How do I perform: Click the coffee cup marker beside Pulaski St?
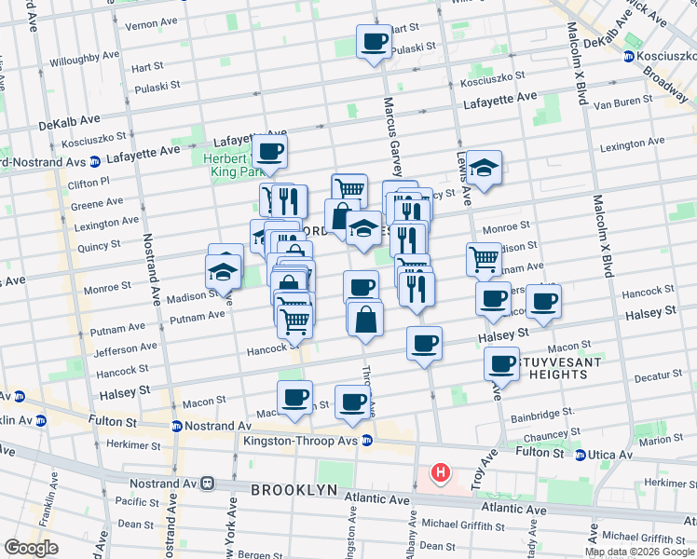(x=374, y=42)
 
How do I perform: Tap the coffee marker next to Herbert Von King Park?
(x=269, y=151)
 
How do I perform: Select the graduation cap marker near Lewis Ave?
(x=484, y=169)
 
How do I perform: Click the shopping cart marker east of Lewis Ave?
(x=484, y=259)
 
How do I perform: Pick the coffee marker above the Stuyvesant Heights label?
(x=502, y=363)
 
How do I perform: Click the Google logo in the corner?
(x=33, y=547)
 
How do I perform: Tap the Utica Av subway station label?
(x=611, y=456)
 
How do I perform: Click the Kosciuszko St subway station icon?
(x=629, y=56)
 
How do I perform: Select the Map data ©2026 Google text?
(x=639, y=551)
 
